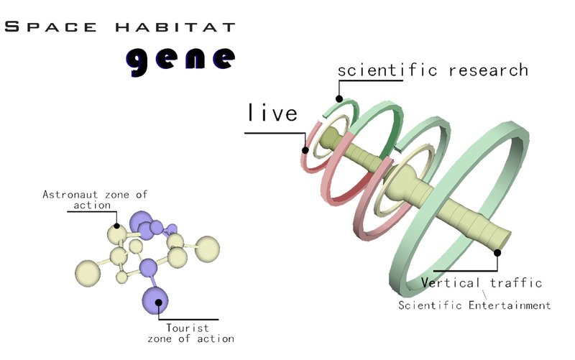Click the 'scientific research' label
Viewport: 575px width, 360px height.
[x=433, y=70]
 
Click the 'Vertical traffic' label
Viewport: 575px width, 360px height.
[x=481, y=282]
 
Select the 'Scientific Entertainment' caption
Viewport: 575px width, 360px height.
[x=474, y=305]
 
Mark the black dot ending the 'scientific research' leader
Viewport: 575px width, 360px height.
[x=339, y=98]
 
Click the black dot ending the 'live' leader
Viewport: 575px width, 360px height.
[x=306, y=150]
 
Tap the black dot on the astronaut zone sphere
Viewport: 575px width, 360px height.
[x=115, y=225]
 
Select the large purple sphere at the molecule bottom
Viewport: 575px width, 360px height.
[x=156, y=299]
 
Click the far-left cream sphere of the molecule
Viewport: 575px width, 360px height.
[x=89, y=273]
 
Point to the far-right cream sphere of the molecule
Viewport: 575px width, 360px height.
[x=208, y=248]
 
